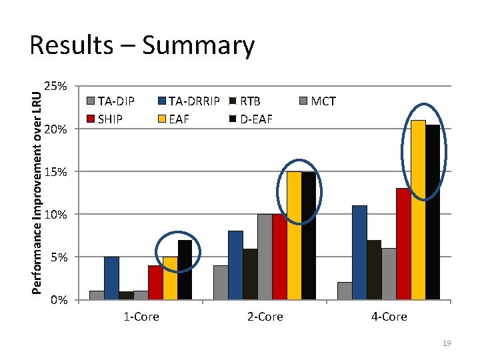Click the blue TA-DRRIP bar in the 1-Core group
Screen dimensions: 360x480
click(111, 278)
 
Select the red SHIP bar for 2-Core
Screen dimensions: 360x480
click(279, 257)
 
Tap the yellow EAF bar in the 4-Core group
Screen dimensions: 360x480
click(418, 209)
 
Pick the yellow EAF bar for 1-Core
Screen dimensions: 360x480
click(170, 278)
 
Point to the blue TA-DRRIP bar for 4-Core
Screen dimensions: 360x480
click(359, 253)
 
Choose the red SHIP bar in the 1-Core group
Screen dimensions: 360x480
click(155, 283)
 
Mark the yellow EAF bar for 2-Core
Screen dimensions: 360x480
click(294, 235)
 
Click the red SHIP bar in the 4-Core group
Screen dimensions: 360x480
click(403, 244)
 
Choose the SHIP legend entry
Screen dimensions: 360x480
click(109, 119)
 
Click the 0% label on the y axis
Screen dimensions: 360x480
click(59, 300)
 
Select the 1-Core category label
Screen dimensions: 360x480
click(141, 317)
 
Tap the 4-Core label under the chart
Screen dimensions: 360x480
click(389, 317)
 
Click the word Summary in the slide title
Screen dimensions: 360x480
click(198, 46)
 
